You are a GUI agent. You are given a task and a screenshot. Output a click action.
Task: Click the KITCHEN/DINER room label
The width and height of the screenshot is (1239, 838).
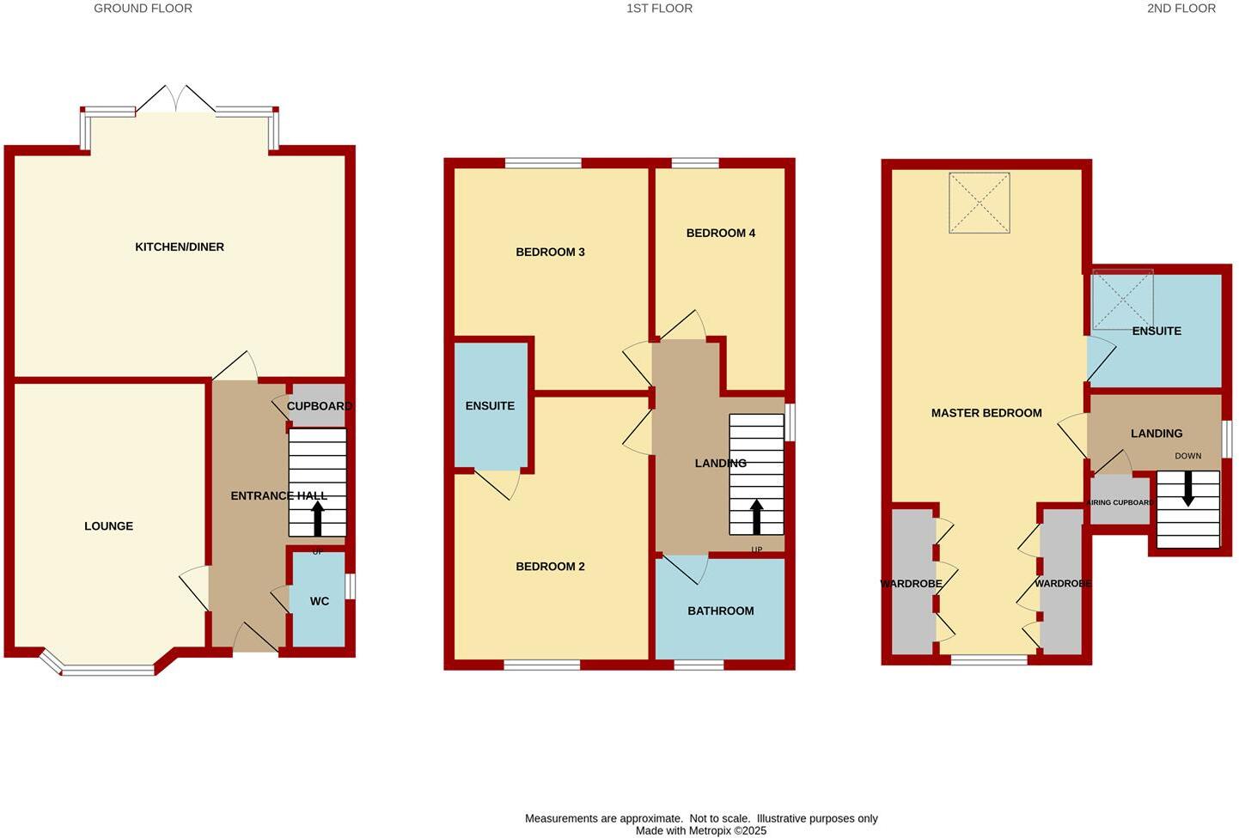180,247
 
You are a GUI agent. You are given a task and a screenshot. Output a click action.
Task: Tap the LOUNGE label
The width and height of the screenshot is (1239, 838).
108,526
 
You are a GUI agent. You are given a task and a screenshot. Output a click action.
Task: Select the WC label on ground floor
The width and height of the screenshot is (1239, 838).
319,601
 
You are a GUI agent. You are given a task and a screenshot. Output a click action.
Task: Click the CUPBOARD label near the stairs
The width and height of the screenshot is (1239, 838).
319,406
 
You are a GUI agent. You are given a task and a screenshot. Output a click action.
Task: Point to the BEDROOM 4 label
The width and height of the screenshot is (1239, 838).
720,233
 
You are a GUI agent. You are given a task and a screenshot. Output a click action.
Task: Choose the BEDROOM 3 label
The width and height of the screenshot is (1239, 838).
550,252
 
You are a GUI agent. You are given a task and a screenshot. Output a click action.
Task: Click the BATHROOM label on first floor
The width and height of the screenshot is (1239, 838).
720,610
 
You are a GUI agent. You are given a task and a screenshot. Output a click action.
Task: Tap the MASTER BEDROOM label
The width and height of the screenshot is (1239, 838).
986,413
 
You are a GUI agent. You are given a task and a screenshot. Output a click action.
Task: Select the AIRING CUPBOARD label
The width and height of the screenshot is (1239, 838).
1119,502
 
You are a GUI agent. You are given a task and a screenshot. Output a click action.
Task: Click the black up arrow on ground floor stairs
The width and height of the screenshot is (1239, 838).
317,519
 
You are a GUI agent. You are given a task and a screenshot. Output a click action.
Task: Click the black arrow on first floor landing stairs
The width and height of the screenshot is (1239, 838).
756,517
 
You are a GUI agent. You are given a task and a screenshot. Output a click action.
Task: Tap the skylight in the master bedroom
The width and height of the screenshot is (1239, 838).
979,203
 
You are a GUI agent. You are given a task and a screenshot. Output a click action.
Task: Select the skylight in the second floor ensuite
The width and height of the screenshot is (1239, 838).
1122,300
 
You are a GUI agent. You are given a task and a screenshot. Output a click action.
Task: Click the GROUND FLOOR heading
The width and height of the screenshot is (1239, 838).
143,9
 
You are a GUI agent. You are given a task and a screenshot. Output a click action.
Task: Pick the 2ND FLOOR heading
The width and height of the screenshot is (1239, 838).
1181,9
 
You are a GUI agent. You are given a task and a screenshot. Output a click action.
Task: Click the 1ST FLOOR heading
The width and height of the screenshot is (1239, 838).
659,9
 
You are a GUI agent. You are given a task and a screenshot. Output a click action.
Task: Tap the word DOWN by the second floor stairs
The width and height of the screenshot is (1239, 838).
1188,456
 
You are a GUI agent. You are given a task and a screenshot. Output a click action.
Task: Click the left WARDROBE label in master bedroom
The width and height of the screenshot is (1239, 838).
911,584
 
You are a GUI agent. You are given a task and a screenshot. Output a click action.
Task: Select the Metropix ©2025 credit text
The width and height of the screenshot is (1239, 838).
701,831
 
